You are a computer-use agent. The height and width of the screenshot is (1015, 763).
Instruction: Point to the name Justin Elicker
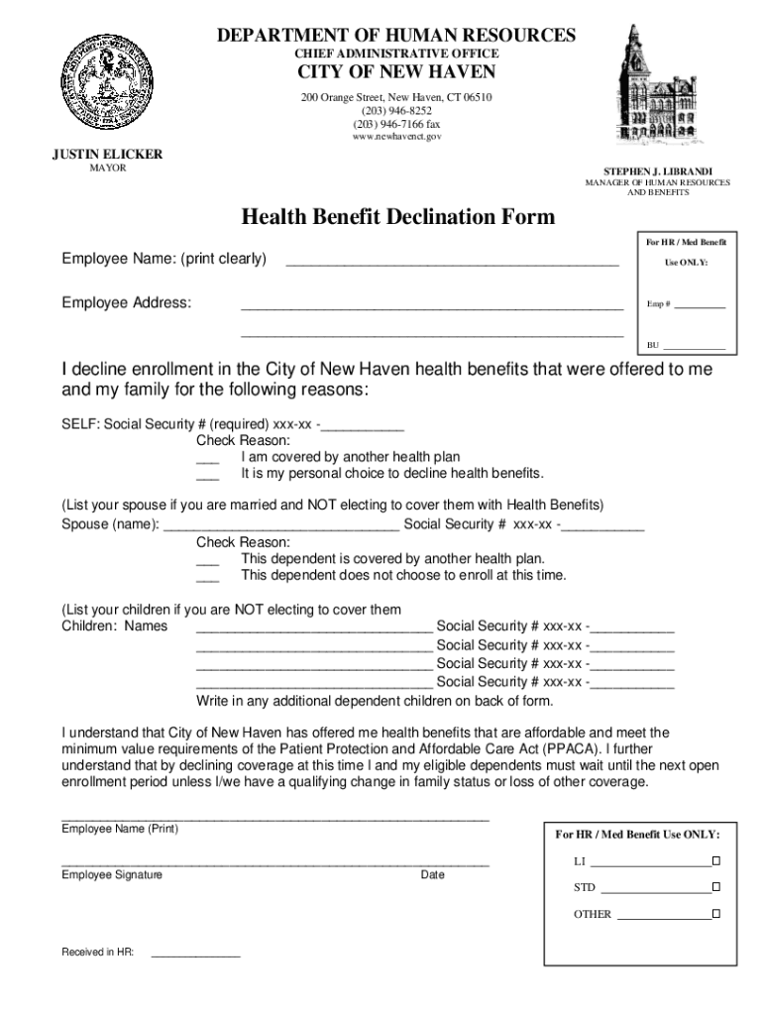click(107, 155)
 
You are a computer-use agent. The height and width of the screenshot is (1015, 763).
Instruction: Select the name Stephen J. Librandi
click(657, 171)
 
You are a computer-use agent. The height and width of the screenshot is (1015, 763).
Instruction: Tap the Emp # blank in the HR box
click(700, 306)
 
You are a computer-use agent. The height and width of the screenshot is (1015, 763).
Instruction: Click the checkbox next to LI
click(715, 859)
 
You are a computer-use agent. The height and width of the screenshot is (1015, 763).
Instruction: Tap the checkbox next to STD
click(715, 887)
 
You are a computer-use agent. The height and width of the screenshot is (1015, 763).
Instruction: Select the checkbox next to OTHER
click(715, 915)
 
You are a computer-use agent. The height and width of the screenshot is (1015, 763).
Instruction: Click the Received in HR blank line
click(194, 956)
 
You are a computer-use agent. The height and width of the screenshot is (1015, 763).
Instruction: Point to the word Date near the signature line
click(432, 875)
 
